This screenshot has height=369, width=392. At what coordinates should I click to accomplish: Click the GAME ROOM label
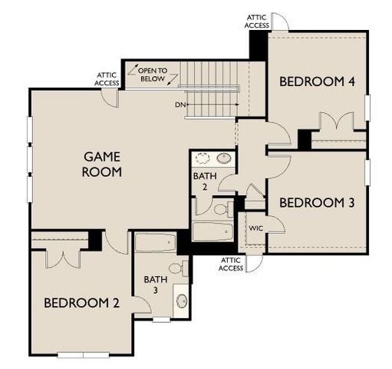[103, 165]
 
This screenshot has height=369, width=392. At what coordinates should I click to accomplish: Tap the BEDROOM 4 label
[315, 81]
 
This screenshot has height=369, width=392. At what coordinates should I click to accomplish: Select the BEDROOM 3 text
[315, 203]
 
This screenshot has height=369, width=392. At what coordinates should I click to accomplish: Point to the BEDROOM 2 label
[81, 303]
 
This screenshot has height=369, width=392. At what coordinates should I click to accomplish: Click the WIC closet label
[255, 228]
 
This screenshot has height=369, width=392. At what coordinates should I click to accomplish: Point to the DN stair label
[180, 104]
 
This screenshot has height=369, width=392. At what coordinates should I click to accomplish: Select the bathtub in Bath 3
[156, 243]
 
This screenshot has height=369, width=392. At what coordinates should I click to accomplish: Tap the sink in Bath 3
[181, 301]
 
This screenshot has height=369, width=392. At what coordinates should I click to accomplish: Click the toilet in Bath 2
[221, 208]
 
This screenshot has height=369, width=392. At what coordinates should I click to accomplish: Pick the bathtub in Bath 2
[211, 231]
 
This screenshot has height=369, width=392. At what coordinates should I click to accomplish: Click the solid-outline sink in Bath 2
[225, 159]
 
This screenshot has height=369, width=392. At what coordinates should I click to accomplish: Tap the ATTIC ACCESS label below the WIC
[231, 264]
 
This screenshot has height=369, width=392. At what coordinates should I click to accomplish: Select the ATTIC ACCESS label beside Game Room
[106, 79]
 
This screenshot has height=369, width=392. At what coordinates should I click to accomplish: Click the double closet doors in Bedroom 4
[338, 121]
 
